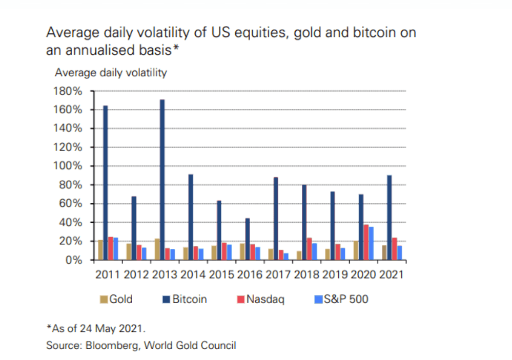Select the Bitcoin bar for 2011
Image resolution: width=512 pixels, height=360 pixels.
tap(106, 183)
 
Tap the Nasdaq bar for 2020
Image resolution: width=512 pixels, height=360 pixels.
tap(366, 242)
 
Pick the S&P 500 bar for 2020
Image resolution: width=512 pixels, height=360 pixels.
tap(371, 243)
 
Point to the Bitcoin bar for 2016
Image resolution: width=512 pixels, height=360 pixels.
tap(247, 239)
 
